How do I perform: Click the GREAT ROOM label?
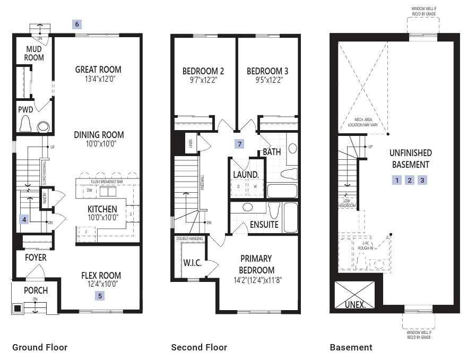pyautogui.click(x=98, y=70)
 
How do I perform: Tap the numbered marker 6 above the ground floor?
pyautogui.click(x=77, y=24)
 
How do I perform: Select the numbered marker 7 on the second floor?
pyautogui.click(x=240, y=144)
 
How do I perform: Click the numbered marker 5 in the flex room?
pyautogui.click(x=100, y=296)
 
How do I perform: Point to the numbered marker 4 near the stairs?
pyautogui.click(x=24, y=219)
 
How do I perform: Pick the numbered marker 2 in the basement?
pyautogui.click(x=410, y=180)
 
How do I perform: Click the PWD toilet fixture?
pyautogui.click(x=25, y=125)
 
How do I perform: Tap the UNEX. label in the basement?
pyautogui.click(x=355, y=305)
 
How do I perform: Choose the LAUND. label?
pyautogui.click(x=246, y=174)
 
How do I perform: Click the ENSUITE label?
pyautogui.click(x=264, y=225)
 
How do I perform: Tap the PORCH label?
pyautogui.click(x=36, y=290)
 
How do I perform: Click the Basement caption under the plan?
pyautogui.click(x=351, y=347)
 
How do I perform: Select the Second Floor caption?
pyautogui.click(x=198, y=347)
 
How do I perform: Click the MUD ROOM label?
pyautogui.click(x=34, y=53)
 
